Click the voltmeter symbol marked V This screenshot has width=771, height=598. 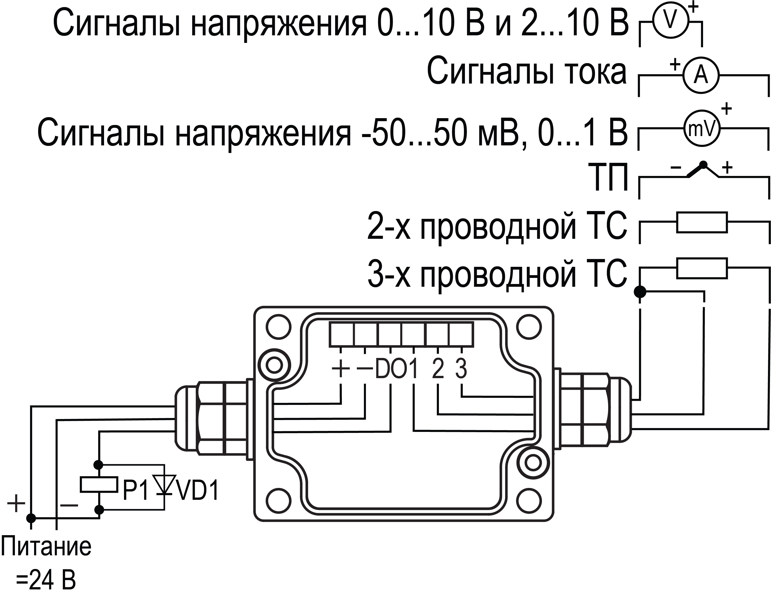pos(670,20)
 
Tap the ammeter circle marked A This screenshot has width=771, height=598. pos(701,75)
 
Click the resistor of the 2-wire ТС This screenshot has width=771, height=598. pos(702,222)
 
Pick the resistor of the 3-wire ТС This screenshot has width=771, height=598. pos(702,269)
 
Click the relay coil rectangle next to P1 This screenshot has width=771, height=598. pos(99,484)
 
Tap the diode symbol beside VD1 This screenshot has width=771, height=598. pos(164,485)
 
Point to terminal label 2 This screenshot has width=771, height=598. pos(438,369)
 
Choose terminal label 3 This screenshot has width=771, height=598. pos(461,369)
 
